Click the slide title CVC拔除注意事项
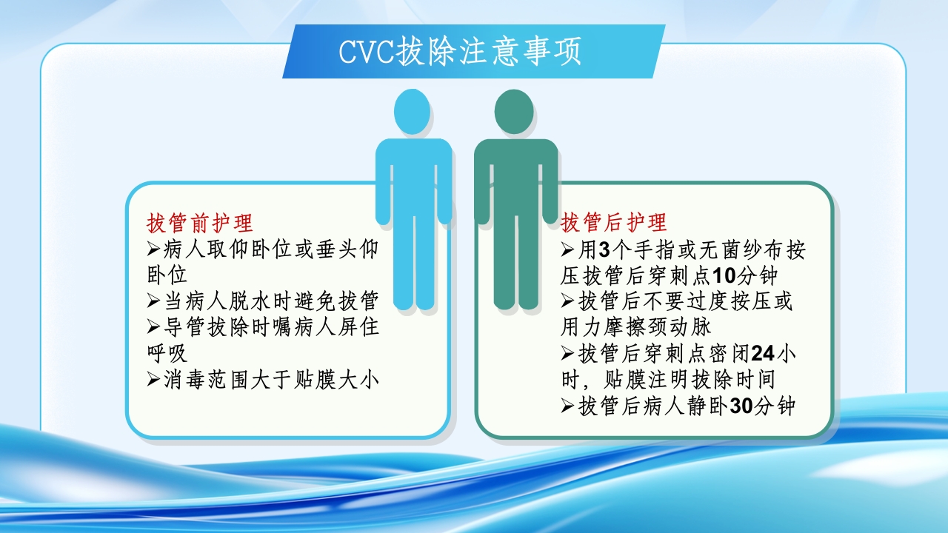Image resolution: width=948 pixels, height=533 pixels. pos(460,52)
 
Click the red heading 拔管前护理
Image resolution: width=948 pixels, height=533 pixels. pos(201,223)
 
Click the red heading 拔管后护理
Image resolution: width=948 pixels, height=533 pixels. pos(614,222)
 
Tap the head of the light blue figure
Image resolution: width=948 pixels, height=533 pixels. pos(412,112)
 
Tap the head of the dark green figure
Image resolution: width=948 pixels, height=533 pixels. pos(514,112)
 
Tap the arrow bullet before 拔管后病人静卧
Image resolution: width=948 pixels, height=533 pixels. pos(568,406)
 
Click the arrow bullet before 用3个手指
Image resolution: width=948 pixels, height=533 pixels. pos(568,249)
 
